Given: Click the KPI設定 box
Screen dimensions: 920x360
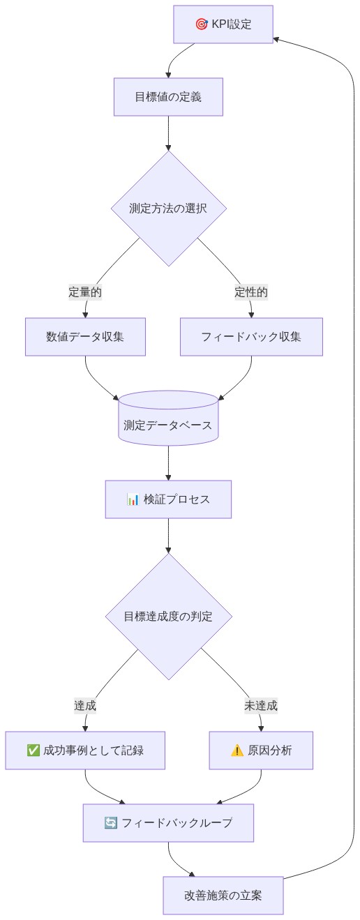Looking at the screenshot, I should (x=223, y=24).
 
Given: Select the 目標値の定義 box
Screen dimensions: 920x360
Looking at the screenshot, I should (x=168, y=97).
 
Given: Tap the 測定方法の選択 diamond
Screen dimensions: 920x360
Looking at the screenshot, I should (x=168, y=209).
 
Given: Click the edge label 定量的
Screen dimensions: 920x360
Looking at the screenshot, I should (x=85, y=292).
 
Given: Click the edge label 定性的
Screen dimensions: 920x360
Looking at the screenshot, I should (x=251, y=292).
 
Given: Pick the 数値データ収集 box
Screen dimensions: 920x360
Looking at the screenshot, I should (x=85, y=337).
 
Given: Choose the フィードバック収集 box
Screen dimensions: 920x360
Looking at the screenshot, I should (x=251, y=337).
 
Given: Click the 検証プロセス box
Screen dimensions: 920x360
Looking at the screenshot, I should (x=168, y=499).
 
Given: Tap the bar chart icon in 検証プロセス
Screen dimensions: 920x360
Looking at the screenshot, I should (x=133, y=499).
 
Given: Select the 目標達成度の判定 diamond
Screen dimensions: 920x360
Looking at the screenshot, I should (x=168, y=617).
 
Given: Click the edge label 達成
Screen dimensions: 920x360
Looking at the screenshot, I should (x=85, y=705).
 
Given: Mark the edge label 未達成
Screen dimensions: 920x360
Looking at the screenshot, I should (x=261, y=705).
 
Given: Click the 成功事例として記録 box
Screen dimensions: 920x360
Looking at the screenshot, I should (x=85, y=751).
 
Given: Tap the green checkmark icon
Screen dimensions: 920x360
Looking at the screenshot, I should (x=33, y=751).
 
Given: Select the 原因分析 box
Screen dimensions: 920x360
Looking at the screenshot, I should (x=261, y=751).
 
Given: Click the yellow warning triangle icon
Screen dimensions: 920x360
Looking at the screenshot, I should (x=237, y=751).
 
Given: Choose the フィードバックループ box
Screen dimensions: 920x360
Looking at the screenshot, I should (x=168, y=823).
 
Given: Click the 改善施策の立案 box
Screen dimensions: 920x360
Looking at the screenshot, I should (x=223, y=896).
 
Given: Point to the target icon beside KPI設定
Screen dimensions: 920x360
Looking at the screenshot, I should (x=202, y=24).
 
